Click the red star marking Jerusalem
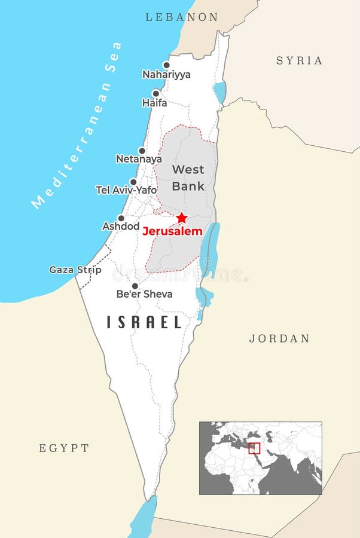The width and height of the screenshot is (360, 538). (x=182, y=218)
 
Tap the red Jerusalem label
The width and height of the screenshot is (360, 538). (x=172, y=231)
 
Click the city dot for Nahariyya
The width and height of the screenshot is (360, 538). (x=166, y=65)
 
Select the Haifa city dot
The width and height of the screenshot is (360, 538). (x=156, y=93)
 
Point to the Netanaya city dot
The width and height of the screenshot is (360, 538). (x=142, y=151)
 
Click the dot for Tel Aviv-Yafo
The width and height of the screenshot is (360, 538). (x=133, y=182)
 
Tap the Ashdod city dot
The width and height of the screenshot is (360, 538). (x=121, y=218)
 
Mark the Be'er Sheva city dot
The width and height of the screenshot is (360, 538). (x=135, y=286)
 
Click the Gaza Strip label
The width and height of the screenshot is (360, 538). (x=75, y=270)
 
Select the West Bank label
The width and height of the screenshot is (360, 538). (x=188, y=178)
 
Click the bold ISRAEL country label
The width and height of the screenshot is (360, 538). (x=144, y=322)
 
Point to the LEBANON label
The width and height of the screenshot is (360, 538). (x=182, y=17)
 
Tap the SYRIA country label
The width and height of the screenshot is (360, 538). (x=299, y=60)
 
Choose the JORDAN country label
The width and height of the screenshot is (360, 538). (x=279, y=338)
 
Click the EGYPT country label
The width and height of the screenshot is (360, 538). (x=64, y=448)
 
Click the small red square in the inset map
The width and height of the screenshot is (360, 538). (x=254, y=448)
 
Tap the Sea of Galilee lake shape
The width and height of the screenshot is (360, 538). (x=220, y=92)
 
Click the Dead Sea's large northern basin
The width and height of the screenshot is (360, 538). (x=210, y=248)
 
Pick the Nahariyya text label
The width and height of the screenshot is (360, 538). (x=166, y=75)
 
